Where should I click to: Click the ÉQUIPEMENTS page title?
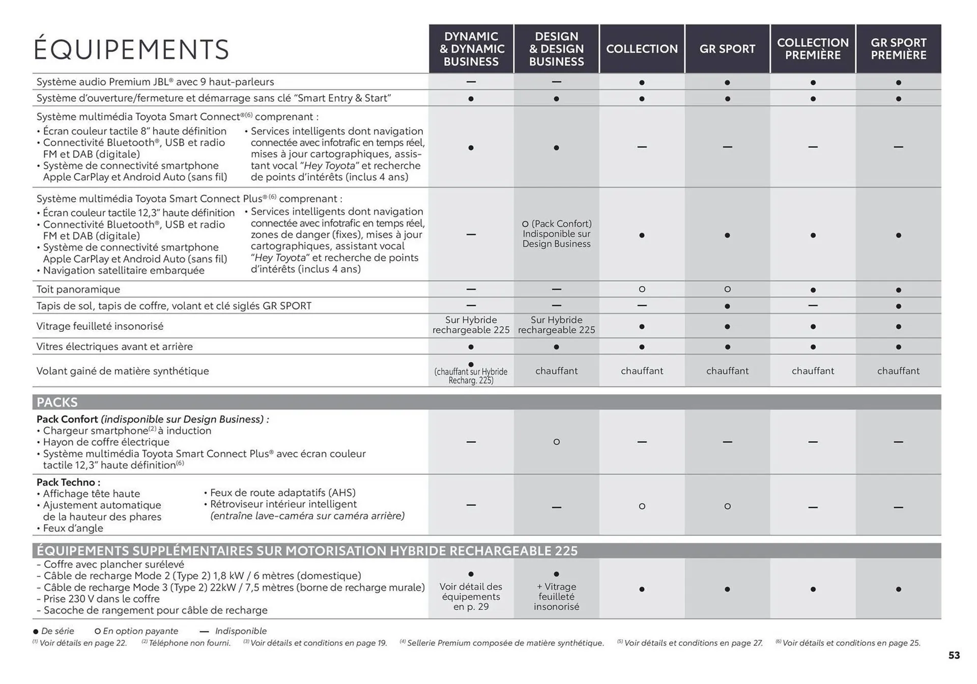(131, 49)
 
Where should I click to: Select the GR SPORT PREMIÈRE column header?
(898, 49)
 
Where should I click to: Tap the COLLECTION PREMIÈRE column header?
(813, 49)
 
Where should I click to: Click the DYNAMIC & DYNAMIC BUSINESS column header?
(471, 49)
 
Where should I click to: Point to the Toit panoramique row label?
(78, 289)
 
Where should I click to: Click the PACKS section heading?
(57, 402)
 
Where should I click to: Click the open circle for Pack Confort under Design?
(556, 442)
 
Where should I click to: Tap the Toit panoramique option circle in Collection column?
(642, 289)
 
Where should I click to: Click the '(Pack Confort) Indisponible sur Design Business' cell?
(556, 234)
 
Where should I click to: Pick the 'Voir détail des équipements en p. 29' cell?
(471, 596)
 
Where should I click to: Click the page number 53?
(954, 655)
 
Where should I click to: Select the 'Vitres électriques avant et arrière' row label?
(114, 347)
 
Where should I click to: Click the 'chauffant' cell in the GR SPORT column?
(727, 371)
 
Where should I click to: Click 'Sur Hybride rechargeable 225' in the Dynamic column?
(471, 325)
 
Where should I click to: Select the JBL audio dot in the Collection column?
(642, 82)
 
